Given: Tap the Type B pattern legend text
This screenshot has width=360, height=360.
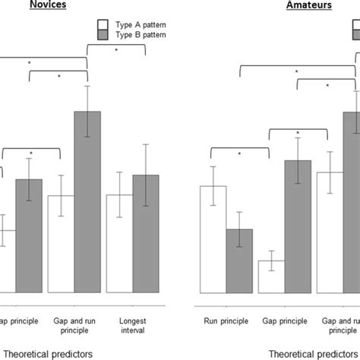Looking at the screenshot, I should point(141,35).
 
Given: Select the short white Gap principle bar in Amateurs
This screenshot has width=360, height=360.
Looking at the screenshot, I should point(272,276).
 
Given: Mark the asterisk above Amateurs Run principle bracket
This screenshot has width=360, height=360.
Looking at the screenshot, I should point(239,153).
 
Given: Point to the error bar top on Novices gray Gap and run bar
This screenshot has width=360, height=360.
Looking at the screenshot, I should point(87,86).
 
